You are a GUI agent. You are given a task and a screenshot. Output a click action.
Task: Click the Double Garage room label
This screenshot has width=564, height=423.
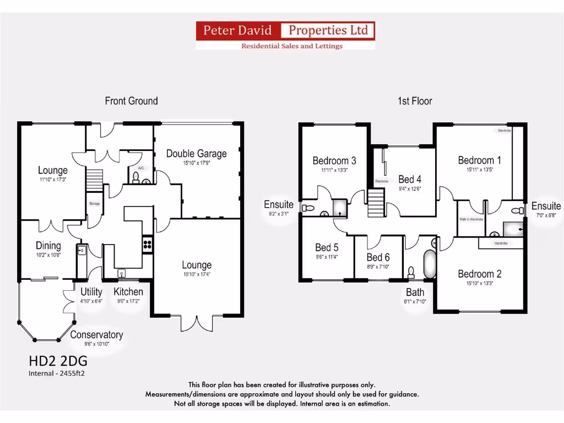[x=196, y=154]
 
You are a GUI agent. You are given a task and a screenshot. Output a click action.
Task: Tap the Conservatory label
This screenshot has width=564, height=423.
[x=96, y=335]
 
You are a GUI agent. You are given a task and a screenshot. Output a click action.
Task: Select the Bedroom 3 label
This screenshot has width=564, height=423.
[x=334, y=161]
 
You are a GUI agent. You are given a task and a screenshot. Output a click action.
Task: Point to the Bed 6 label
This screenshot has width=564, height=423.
[x=378, y=257]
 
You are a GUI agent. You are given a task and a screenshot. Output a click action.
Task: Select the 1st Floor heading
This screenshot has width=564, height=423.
[x=414, y=101]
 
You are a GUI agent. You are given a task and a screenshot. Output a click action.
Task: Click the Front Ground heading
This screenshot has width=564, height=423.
[x=131, y=101]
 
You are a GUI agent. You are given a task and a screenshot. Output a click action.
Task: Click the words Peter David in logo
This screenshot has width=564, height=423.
[x=237, y=30]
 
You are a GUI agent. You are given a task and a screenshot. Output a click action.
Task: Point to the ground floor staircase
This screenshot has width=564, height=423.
[x=94, y=180]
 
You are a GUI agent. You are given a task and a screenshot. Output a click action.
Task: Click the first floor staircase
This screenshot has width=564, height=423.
[x=376, y=202]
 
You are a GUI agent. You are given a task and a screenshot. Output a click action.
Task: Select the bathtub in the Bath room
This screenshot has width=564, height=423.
[x=428, y=264]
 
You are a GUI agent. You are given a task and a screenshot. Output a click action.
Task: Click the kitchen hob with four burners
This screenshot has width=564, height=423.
[x=148, y=243]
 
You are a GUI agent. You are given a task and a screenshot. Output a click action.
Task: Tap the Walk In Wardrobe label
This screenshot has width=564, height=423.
[x=471, y=219]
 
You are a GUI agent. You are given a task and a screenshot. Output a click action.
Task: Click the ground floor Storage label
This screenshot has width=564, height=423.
[x=94, y=204]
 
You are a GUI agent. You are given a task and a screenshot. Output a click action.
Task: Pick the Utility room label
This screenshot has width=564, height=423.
[x=91, y=292]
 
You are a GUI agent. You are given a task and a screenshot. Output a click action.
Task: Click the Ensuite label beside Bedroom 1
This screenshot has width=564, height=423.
[x=546, y=206]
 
